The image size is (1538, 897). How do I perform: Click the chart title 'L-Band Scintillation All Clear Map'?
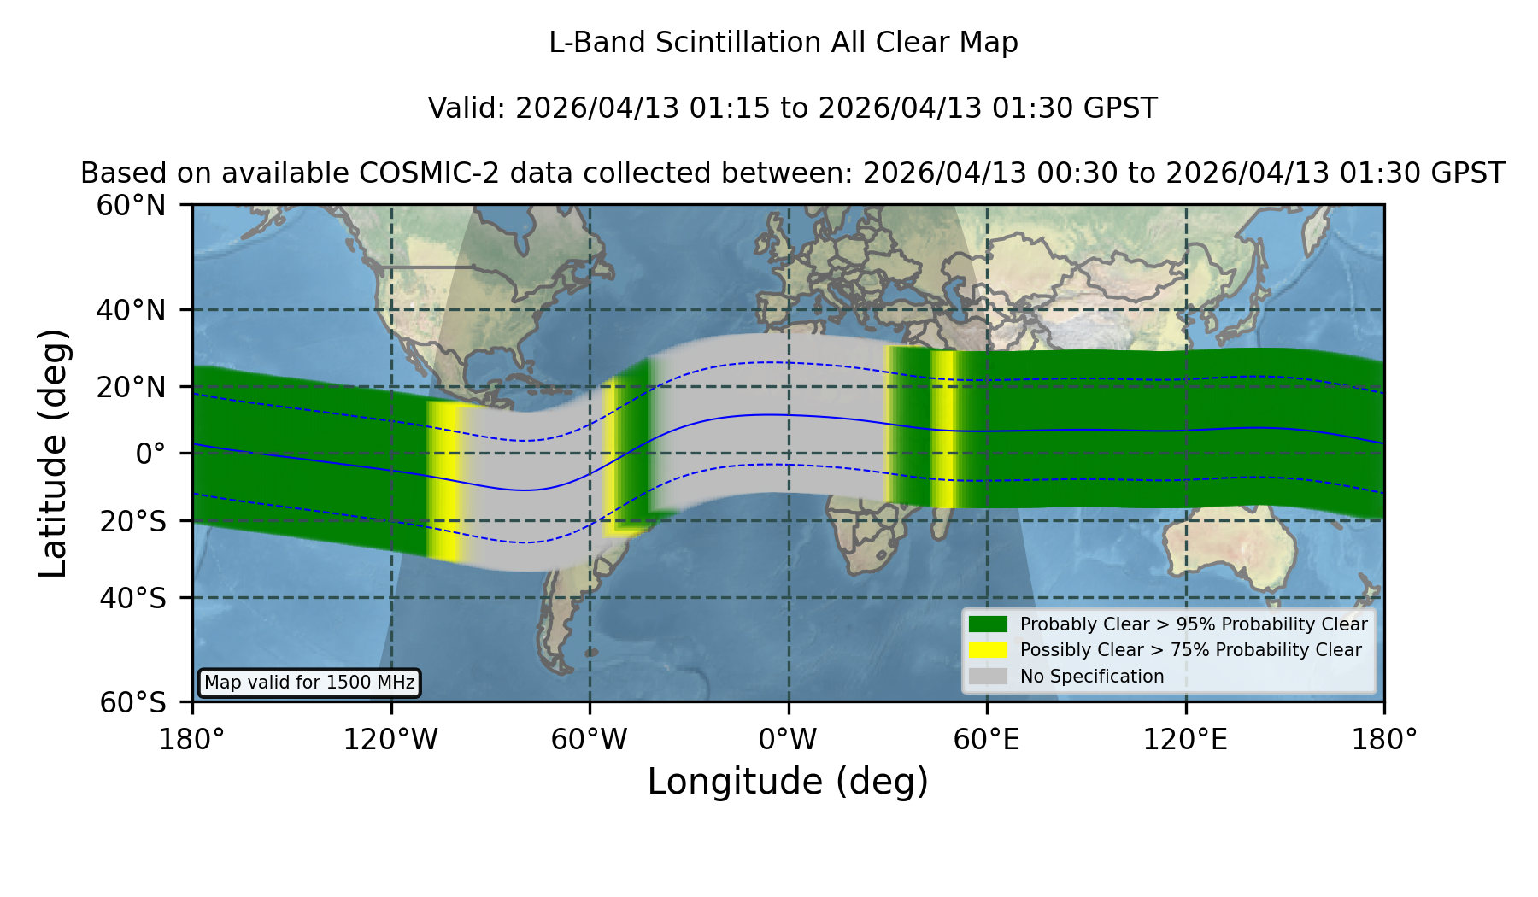pyautogui.click(x=784, y=42)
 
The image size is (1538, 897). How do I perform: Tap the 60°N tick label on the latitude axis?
pyautogui.click(x=131, y=205)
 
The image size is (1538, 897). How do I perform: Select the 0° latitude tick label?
pyautogui.click(x=150, y=453)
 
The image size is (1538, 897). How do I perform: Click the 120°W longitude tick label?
pyautogui.click(x=390, y=739)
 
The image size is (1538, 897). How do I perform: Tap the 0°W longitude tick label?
pyautogui.click(x=788, y=739)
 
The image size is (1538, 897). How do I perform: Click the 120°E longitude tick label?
pyautogui.click(x=1185, y=739)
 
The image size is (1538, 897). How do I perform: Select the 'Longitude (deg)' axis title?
pyautogui.click(x=788, y=782)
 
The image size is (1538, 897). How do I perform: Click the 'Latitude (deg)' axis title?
pyautogui.click(x=53, y=453)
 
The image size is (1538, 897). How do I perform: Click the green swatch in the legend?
pyautogui.click(x=988, y=624)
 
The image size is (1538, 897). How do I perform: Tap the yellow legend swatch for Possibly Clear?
pyautogui.click(x=988, y=649)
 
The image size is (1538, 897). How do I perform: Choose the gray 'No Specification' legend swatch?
pyautogui.click(x=988, y=676)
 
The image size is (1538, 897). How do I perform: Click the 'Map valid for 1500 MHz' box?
pyautogui.click(x=309, y=683)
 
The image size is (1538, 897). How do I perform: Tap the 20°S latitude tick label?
pyautogui.click(x=132, y=520)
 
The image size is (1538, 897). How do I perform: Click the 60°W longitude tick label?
pyautogui.click(x=589, y=739)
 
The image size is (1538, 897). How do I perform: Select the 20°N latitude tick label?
pyautogui.click(x=131, y=386)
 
